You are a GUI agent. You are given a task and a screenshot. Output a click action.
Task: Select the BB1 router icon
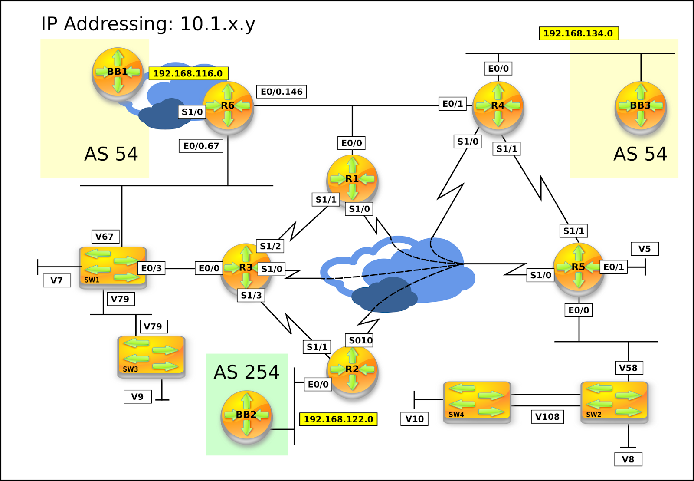[118, 73]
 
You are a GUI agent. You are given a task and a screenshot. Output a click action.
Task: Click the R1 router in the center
[352, 180]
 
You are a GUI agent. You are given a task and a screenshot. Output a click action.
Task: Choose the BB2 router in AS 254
[246, 416]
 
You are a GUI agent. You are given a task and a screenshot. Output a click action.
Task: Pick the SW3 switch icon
[151, 356]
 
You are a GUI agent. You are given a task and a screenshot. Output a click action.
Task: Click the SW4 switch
[477, 402]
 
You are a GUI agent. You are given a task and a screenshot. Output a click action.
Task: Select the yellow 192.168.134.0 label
[578, 33]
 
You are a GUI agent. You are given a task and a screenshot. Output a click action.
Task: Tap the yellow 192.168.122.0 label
[338, 419]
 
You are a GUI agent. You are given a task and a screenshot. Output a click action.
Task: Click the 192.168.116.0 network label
[188, 73]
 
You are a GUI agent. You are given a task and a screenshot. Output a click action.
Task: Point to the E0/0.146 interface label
[282, 92]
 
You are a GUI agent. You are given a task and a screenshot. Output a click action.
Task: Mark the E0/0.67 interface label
[201, 146]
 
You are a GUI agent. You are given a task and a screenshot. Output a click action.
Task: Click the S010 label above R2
[360, 340]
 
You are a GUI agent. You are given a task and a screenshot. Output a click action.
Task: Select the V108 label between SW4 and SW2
[547, 417]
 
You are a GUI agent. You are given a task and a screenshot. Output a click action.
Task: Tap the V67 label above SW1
[105, 237]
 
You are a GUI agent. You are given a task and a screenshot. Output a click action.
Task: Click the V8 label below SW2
[628, 459]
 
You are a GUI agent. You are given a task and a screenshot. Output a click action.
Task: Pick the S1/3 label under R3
[251, 295]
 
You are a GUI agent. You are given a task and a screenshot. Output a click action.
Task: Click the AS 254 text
[246, 372]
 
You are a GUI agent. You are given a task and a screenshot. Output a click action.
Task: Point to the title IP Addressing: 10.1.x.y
[148, 24]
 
